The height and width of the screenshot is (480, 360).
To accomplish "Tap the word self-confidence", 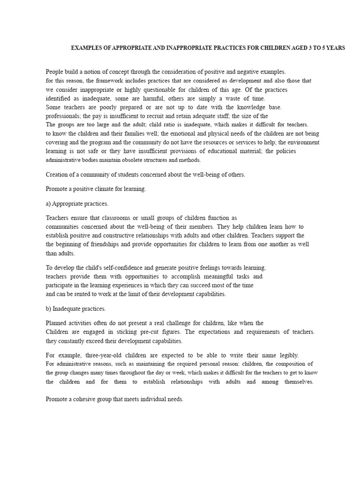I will click(x=118, y=268).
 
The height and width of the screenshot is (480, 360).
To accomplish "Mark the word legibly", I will click(x=288, y=355).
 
